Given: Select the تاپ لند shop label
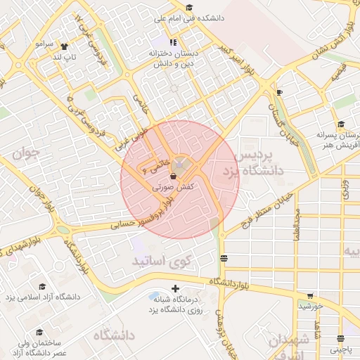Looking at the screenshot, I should [55, 56].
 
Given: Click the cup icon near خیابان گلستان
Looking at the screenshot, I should [280, 92].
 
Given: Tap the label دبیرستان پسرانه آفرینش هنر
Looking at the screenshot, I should [337, 139].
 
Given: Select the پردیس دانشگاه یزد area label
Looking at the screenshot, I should [257, 162].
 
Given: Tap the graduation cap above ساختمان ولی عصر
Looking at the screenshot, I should [39, 332].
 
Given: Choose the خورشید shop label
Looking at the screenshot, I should [309, 307].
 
